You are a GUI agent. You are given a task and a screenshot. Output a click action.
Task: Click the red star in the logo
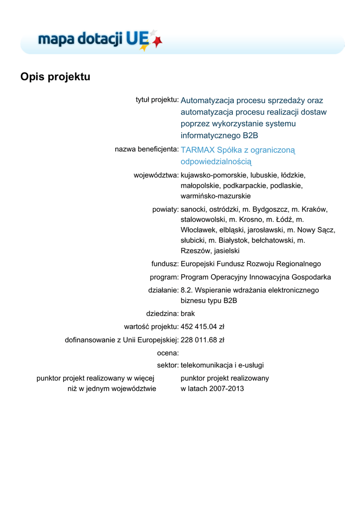[x=157, y=43]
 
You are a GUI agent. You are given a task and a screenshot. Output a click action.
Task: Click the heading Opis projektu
[x=55, y=77]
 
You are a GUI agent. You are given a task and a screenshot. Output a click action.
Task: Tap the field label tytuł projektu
[x=157, y=100]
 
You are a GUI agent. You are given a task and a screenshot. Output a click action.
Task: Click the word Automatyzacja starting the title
[x=207, y=101]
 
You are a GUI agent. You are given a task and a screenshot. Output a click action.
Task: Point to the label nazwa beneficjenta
[x=146, y=149]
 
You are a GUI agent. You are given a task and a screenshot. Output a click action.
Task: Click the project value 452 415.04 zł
[x=203, y=327]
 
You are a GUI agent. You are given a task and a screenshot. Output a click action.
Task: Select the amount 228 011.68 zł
[x=203, y=340]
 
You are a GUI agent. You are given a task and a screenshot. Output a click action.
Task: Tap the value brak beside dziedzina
[x=188, y=314]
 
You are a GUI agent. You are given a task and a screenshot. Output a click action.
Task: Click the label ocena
[x=167, y=353]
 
